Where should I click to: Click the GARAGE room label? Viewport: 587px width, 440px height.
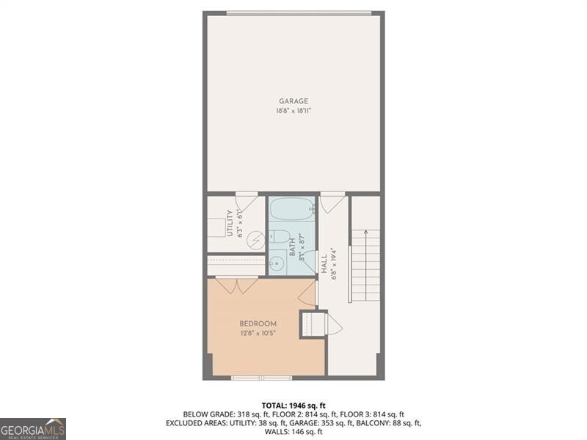click(293, 101)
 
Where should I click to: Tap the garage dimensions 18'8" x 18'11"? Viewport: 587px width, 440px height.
click(293, 111)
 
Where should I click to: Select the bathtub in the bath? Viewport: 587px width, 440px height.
click(292, 209)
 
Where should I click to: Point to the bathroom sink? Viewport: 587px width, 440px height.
click(277, 263)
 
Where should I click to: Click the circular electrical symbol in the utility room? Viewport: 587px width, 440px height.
click(255, 239)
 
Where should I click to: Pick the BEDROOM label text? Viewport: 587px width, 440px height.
click(258, 324)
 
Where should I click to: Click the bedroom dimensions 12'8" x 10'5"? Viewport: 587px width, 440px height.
click(258, 334)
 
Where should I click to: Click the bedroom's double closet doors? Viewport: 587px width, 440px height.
click(236, 285)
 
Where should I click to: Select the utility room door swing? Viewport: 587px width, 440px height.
click(246, 201)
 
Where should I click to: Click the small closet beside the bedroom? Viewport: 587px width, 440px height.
click(313, 324)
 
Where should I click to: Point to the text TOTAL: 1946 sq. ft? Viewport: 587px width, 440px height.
click(293, 406)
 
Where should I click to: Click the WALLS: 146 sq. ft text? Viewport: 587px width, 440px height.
click(293, 432)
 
